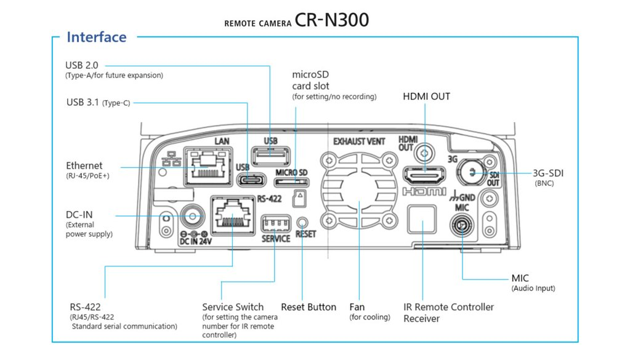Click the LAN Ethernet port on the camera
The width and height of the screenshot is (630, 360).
208,167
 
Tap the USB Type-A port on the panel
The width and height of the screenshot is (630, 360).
270,156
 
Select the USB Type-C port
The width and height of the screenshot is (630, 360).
251,180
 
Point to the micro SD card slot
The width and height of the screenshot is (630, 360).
291,182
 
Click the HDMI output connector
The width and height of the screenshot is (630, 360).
424,176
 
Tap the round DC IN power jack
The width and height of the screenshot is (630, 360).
193,217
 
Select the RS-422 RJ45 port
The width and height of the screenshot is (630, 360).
233,215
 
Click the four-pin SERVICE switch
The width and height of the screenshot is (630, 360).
276,223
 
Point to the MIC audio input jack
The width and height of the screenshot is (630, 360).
462,226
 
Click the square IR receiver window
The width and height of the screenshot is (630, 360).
421,219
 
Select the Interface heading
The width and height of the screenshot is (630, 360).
97,37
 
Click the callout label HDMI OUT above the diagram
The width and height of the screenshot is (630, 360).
426,97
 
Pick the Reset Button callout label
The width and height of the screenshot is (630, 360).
309,307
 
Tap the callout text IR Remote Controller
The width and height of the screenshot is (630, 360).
448,307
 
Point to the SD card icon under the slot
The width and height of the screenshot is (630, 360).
299,198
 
